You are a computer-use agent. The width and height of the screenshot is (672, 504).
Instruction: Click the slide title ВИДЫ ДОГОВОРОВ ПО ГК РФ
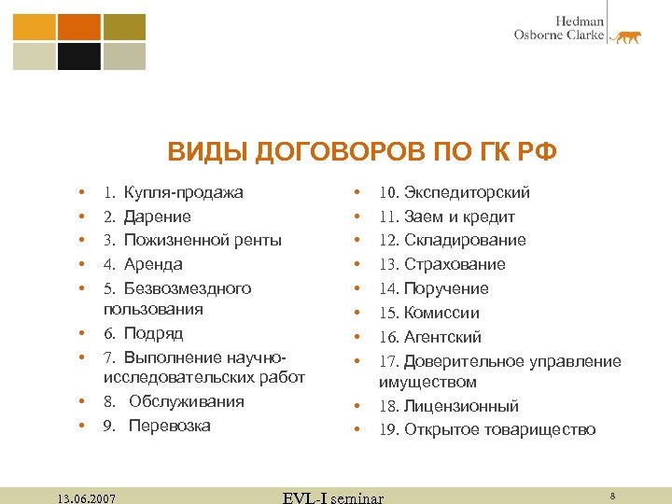click(361, 151)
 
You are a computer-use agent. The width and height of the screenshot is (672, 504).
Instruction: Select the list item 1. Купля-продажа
click(174, 192)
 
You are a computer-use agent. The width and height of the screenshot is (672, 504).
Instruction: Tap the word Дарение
click(158, 217)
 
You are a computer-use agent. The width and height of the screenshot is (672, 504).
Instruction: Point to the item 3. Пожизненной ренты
click(192, 240)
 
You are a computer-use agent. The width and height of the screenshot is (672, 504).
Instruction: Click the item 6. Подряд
click(143, 333)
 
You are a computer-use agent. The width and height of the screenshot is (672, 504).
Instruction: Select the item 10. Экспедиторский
click(454, 192)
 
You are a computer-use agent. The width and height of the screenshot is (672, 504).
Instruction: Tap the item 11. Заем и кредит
click(446, 217)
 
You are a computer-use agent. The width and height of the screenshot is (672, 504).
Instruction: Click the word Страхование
click(455, 264)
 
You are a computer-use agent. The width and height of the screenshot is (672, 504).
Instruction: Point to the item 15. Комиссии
click(428, 313)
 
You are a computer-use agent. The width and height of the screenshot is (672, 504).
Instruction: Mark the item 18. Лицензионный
click(448, 406)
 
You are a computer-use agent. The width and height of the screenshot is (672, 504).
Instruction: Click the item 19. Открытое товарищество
click(486, 430)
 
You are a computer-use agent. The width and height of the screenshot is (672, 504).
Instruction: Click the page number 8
click(611, 495)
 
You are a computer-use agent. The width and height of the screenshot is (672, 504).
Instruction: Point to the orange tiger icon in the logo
click(625, 36)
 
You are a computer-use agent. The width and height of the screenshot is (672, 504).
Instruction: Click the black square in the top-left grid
click(79, 56)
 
